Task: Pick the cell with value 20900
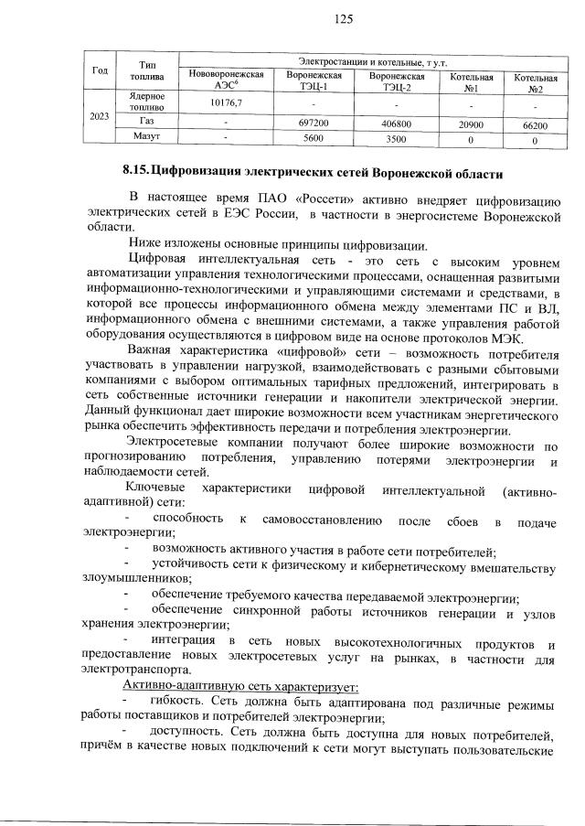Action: [471, 123]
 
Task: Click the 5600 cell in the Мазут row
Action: [314, 138]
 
